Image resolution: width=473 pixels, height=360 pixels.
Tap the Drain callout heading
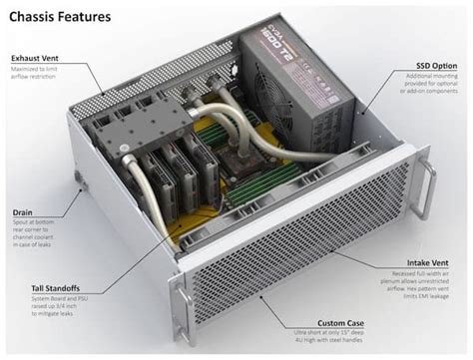pyautogui.click(x=23, y=211)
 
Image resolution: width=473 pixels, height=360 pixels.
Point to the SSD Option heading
pyautogui.click(x=437, y=65)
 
